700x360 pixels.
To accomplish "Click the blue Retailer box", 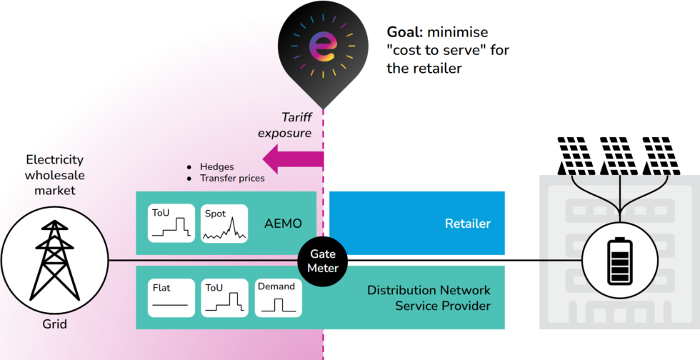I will pyautogui.click(x=416, y=223).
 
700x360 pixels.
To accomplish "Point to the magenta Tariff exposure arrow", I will pyautogui.click(x=293, y=157).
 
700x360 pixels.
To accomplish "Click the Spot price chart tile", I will pyautogui.click(x=224, y=224).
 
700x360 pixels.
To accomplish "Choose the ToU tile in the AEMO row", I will pyautogui.click(x=170, y=224).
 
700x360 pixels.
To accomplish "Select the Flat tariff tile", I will pyautogui.click(x=170, y=298).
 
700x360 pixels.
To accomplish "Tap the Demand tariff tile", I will pyautogui.click(x=278, y=298).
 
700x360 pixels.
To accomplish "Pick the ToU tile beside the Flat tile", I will pyautogui.click(x=224, y=298).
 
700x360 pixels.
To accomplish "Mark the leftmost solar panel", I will pyautogui.click(x=578, y=156).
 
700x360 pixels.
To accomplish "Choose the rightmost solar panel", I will pyautogui.click(x=661, y=156).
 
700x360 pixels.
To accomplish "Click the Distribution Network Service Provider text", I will pyautogui.click(x=429, y=298).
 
